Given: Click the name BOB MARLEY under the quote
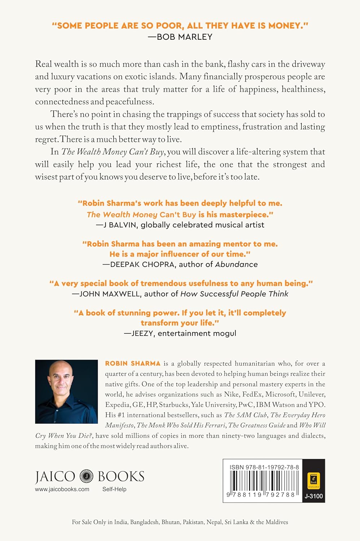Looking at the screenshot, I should [185, 37].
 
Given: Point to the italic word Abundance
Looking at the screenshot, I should [236, 264].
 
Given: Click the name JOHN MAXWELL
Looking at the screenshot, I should [110, 294].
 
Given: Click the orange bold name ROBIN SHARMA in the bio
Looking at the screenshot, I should [133, 363].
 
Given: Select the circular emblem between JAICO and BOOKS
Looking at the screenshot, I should [86, 476].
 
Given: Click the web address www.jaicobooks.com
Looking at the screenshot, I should [62, 489].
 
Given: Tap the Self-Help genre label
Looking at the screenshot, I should [114, 489].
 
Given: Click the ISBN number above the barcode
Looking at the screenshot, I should [264, 467].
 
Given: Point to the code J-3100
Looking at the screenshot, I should [313, 496].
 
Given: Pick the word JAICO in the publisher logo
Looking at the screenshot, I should [55, 476].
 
